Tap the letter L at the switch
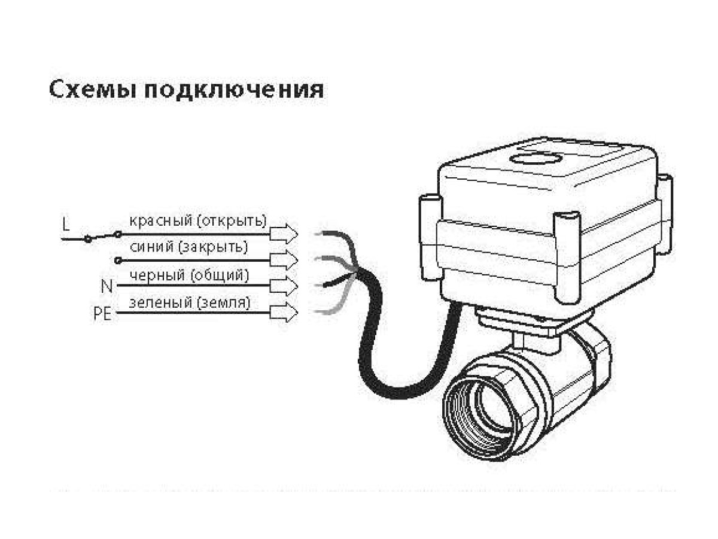[66, 224]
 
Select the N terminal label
[107, 286]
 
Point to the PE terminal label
[102, 314]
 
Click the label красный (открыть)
[198, 221]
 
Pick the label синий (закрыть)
[188, 247]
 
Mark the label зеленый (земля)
[190, 302]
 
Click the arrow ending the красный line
[284, 234]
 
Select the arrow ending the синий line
[284, 260]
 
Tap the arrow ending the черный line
[284, 286]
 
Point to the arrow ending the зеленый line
[284, 313]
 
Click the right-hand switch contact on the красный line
[118, 234]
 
